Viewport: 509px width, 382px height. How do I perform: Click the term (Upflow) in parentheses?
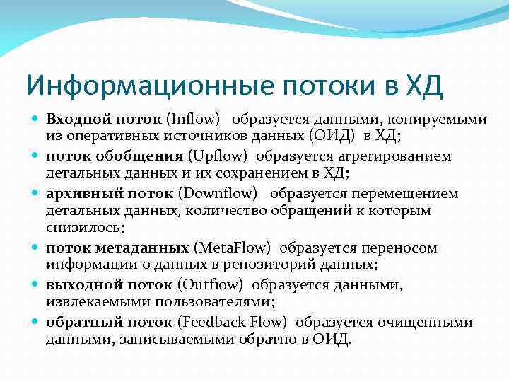(x=220, y=156)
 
